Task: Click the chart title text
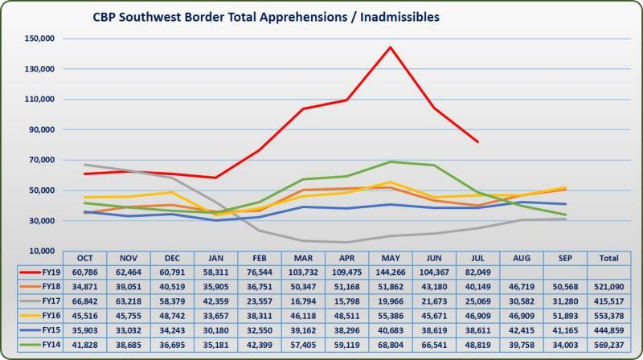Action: (272, 17)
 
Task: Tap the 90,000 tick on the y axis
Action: (40, 129)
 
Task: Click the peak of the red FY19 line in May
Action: (390, 47)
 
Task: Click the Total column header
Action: (608, 258)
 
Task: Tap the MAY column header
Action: (390, 258)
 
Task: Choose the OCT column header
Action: (85, 258)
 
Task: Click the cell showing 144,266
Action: (390, 272)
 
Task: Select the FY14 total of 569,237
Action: (608, 345)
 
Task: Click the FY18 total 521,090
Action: (608, 287)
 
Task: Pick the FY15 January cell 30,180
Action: (215, 330)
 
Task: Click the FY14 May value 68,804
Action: (390, 345)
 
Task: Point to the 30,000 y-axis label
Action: (40, 221)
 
